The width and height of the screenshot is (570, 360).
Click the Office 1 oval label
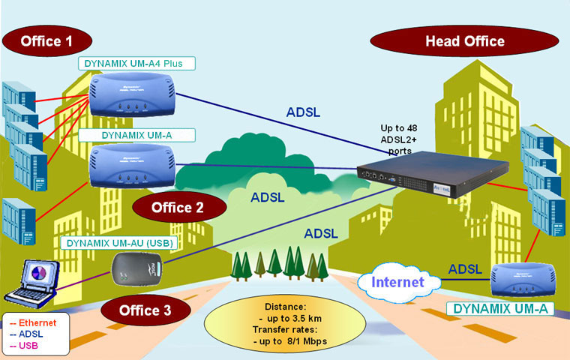point(46,40)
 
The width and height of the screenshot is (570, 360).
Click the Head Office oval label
point(464,40)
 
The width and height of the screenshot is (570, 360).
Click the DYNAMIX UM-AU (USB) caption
point(119,242)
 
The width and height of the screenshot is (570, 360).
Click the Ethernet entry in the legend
point(30,322)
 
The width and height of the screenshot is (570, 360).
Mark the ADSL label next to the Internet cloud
point(465,268)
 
